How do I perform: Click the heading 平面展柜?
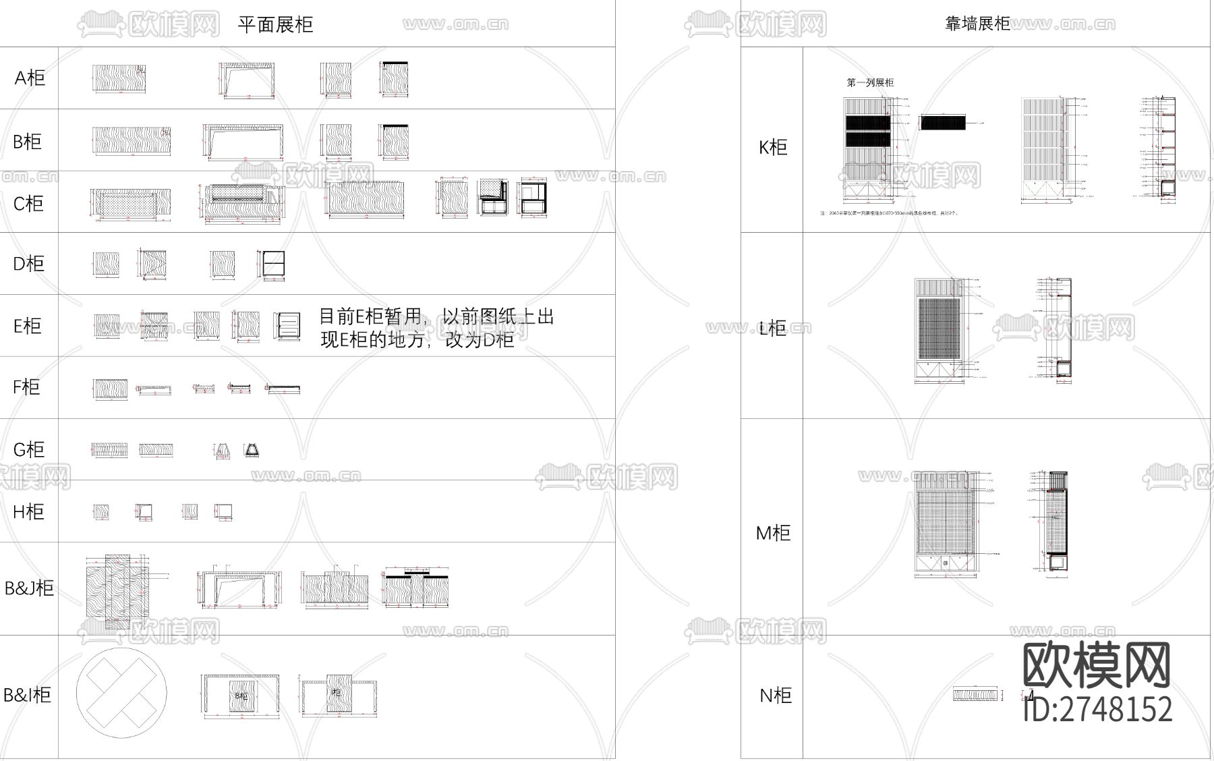click(x=275, y=25)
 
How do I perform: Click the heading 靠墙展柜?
click(x=977, y=24)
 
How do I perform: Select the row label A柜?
click(x=30, y=78)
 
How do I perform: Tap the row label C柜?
click(x=28, y=203)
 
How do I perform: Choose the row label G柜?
click(x=28, y=449)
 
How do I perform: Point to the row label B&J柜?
click(x=29, y=588)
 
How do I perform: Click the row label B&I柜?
click(x=27, y=695)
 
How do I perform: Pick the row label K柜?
click(x=773, y=147)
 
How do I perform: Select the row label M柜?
click(x=773, y=533)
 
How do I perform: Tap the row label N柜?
click(x=776, y=696)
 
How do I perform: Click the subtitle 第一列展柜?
click(x=870, y=83)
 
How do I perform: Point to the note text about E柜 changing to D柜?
click(x=436, y=328)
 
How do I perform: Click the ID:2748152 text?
click(x=1098, y=709)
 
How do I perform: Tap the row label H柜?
click(x=28, y=511)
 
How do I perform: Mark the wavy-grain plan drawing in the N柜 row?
click(x=975, y=694)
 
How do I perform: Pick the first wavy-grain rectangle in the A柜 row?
click(x=119, y=79)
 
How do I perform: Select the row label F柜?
click(x=26, y=387)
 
